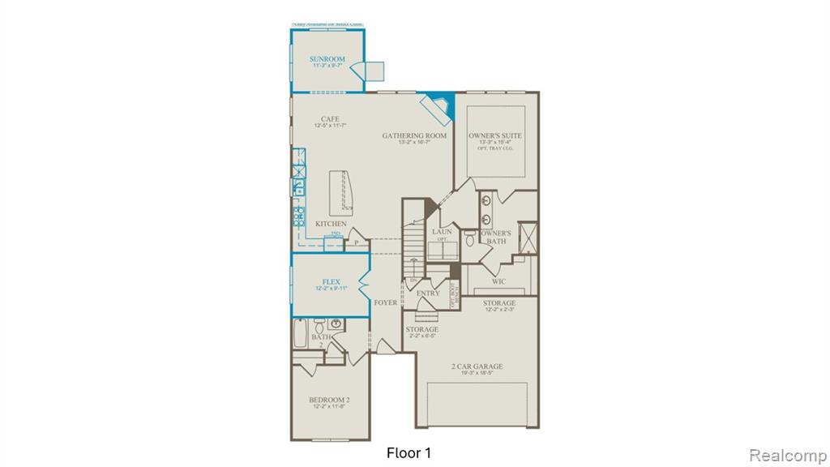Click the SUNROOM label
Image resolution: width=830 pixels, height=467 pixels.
pos(327,59)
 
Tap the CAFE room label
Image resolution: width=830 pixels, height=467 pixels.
pos(329,119)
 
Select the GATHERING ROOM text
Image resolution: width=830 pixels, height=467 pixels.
pos(414,135)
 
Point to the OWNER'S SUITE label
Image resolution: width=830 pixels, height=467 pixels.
pos(494,135)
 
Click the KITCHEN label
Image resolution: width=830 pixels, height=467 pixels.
pos(331,224)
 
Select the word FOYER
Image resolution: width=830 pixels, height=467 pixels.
pos(386,302)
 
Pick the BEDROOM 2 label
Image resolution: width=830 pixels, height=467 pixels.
pos(329,400)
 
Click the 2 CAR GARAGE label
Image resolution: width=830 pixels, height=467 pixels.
pos(477,366)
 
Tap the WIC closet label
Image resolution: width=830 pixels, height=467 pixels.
pos(499,281)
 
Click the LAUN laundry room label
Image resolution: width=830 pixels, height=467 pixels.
pos(442,232)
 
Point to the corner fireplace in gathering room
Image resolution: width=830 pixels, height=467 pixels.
pos(439,105)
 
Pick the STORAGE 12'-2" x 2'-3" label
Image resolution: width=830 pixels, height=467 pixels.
pos(499,303)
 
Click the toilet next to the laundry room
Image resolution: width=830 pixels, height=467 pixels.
pos(469,240)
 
